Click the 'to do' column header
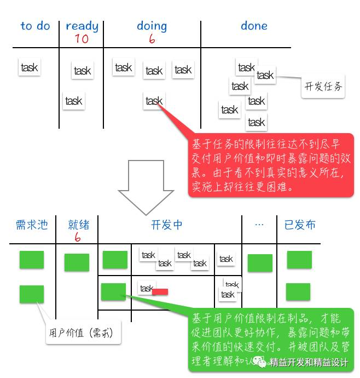(35, 26)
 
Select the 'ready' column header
(82, 26)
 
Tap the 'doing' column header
(152, 26)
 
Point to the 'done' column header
(254, 26)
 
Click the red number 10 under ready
(82, 39)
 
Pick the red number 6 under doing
(152, 39)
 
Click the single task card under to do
(29, 67)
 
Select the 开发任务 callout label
(323, 86)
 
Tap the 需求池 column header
(32, 225)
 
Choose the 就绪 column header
(78, 225)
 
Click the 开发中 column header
(167, 225)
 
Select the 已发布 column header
(300, 225)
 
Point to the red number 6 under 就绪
(78, 237)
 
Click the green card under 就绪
(77, 262)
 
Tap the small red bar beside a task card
(160, 291)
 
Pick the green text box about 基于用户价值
(270, 340)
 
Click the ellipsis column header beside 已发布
(260, 225)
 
